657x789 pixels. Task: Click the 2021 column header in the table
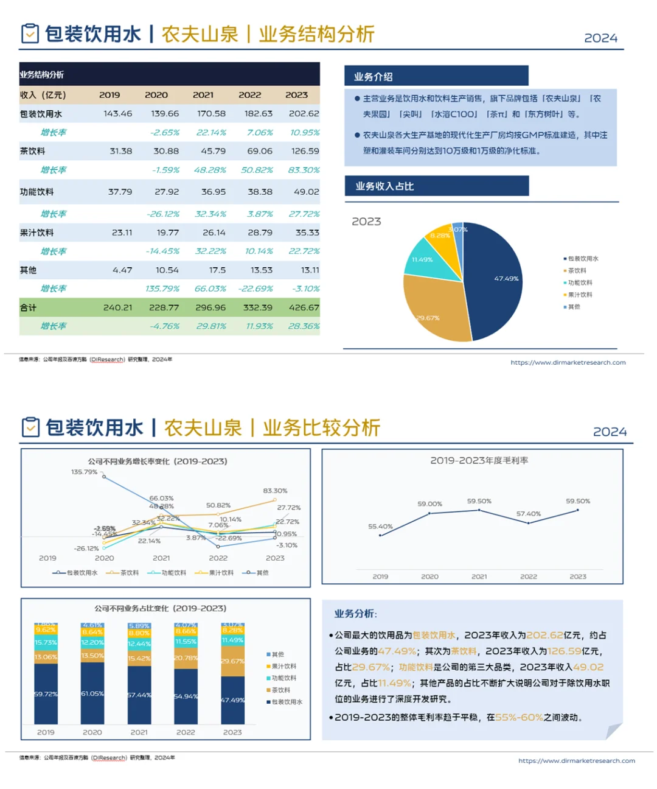(203, 95)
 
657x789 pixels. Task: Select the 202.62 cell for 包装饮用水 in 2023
(304, 114)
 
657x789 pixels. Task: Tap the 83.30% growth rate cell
(304, 170)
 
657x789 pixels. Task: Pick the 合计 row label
(29, 308)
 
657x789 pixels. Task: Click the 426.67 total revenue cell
(304, 308)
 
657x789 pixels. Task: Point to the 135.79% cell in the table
(162, 289)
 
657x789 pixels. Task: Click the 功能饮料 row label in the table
(37, 192)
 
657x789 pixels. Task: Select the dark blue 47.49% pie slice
(496, 280)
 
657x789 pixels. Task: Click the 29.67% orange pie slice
(435, 310)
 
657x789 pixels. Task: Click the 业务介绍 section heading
(374, 77)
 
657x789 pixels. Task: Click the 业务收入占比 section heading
(384, 186)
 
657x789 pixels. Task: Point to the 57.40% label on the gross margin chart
(528, 514)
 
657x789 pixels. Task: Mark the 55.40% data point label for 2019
(380, 527)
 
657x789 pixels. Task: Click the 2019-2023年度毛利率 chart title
(479, 461)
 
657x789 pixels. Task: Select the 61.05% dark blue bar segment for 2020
(92, 693)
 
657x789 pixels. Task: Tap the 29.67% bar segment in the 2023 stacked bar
(232, 662)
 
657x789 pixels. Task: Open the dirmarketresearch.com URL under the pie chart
(568, 363)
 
